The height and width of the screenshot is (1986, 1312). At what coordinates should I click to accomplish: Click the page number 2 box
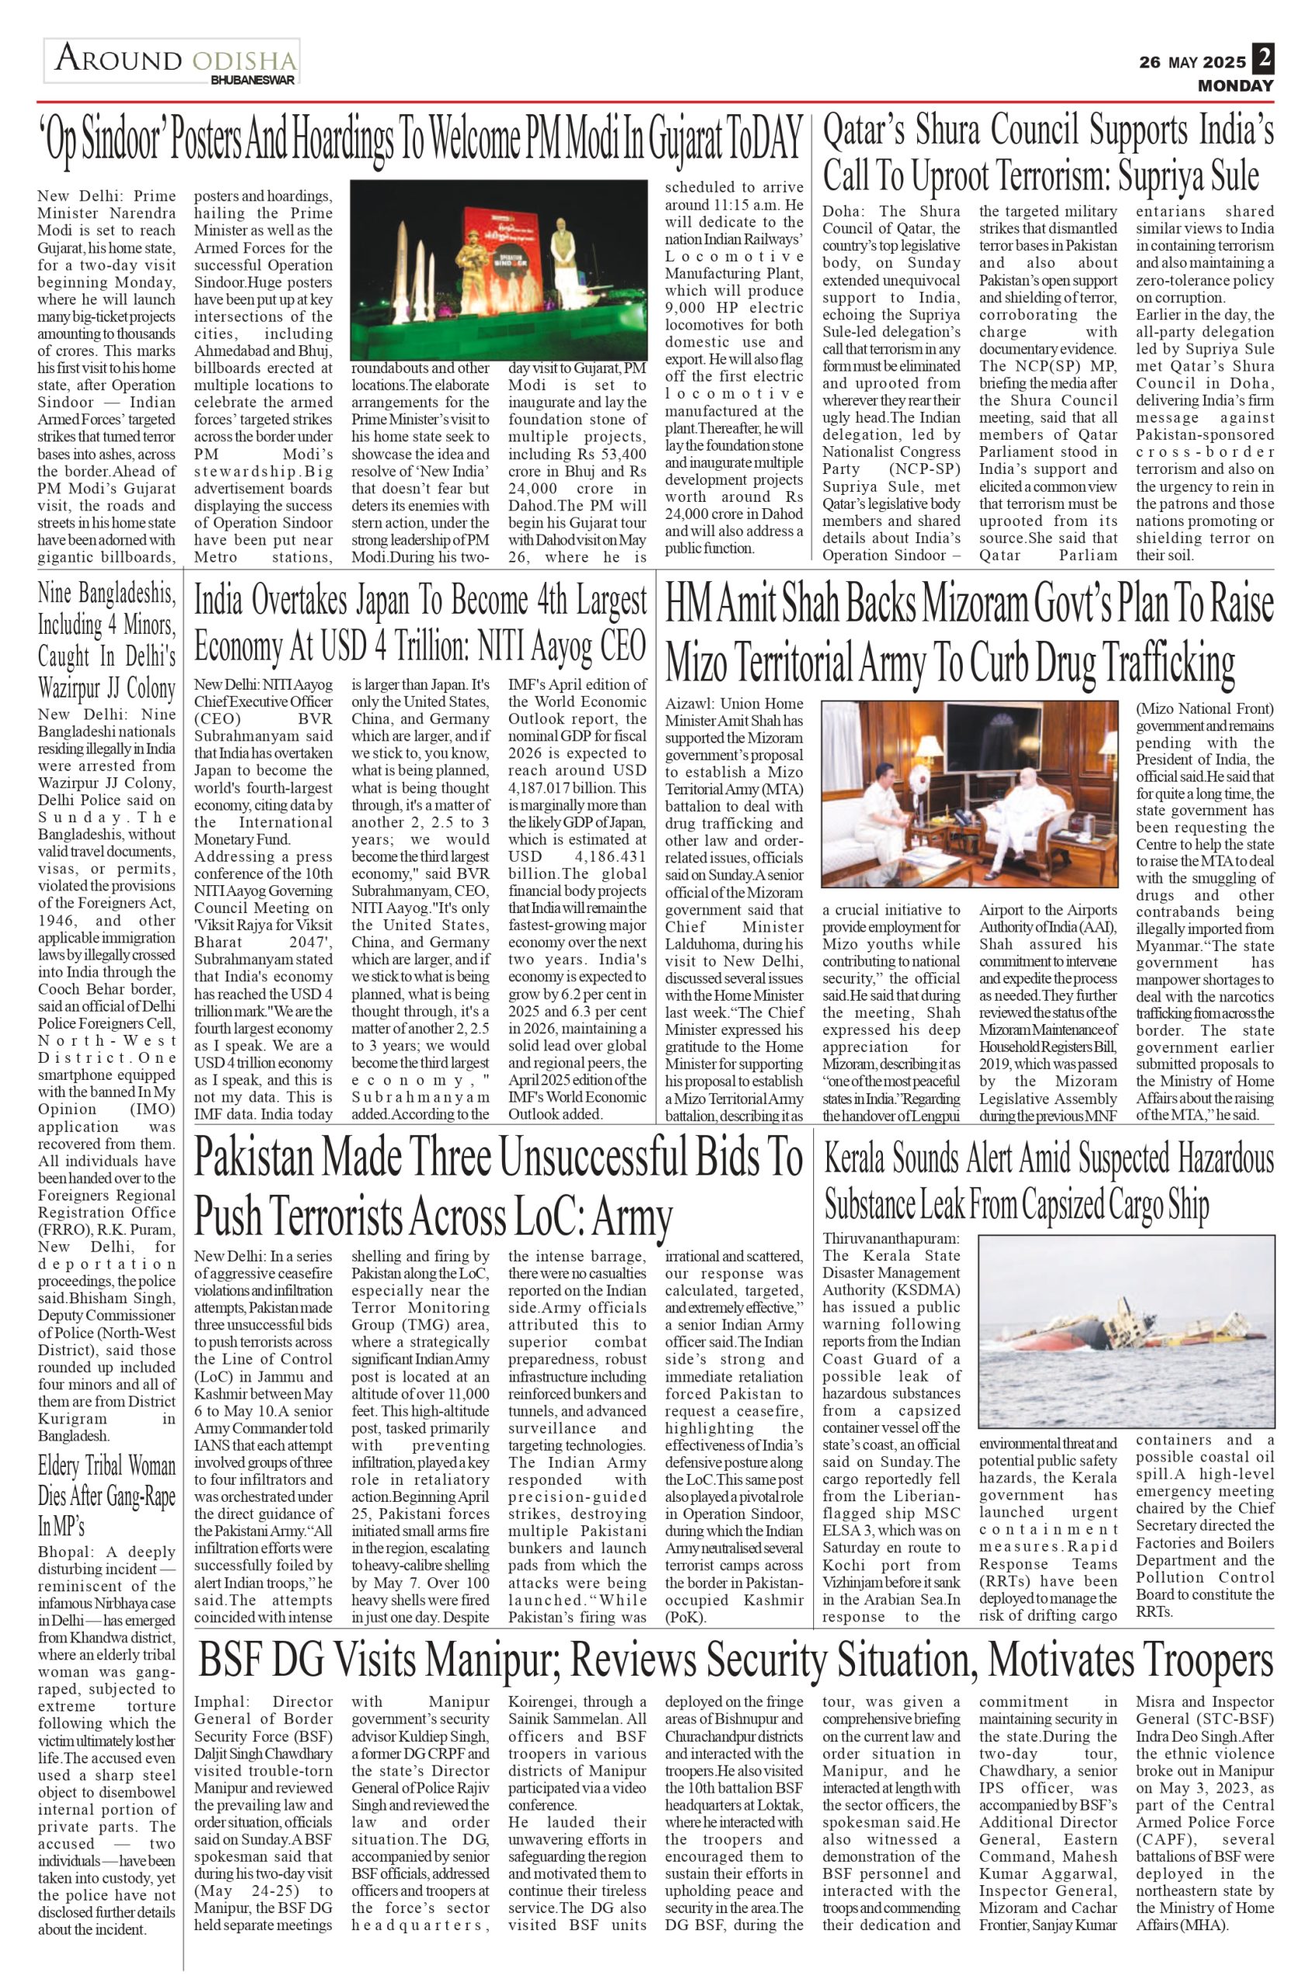1262,61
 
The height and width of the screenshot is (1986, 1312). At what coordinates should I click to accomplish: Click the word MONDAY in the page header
1235,85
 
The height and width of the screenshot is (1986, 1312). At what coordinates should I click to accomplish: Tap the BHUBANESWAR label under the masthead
254,81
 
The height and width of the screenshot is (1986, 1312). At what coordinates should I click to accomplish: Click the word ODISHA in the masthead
244,61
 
